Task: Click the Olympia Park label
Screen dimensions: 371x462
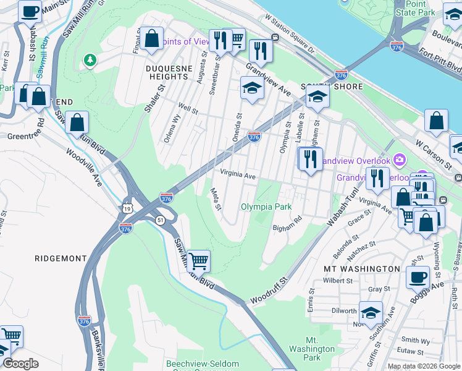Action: coord(266,207)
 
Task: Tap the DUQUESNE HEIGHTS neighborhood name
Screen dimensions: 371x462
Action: coord(167,72)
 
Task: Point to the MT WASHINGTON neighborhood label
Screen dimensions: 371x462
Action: coord(362,269)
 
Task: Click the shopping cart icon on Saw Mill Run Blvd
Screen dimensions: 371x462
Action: coord(198,261)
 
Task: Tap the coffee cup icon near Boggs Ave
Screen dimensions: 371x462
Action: coord(418,278)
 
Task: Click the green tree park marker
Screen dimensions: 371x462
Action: coord(91,59)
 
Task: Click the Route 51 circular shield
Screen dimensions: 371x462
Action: coord(159,221)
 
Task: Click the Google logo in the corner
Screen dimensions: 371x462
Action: coord(20,364)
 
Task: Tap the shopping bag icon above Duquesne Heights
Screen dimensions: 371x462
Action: coord(151,39)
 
